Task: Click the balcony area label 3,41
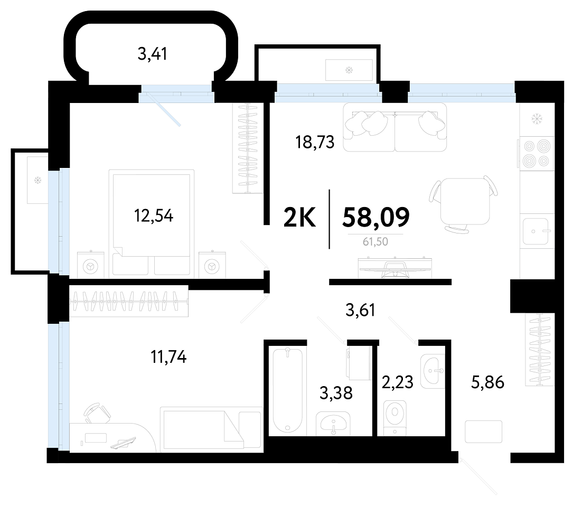153,54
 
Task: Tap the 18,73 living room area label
315,142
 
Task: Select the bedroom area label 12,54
154,215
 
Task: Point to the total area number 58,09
375,217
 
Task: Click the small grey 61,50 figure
375,242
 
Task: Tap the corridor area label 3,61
360,311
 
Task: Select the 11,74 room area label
169,357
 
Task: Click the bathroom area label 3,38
336,393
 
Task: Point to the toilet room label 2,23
397,382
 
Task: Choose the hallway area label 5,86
487,382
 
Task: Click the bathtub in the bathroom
288,391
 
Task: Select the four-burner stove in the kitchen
537,154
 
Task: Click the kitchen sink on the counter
536,231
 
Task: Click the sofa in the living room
395,127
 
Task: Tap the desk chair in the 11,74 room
97,413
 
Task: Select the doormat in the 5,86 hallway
483,432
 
